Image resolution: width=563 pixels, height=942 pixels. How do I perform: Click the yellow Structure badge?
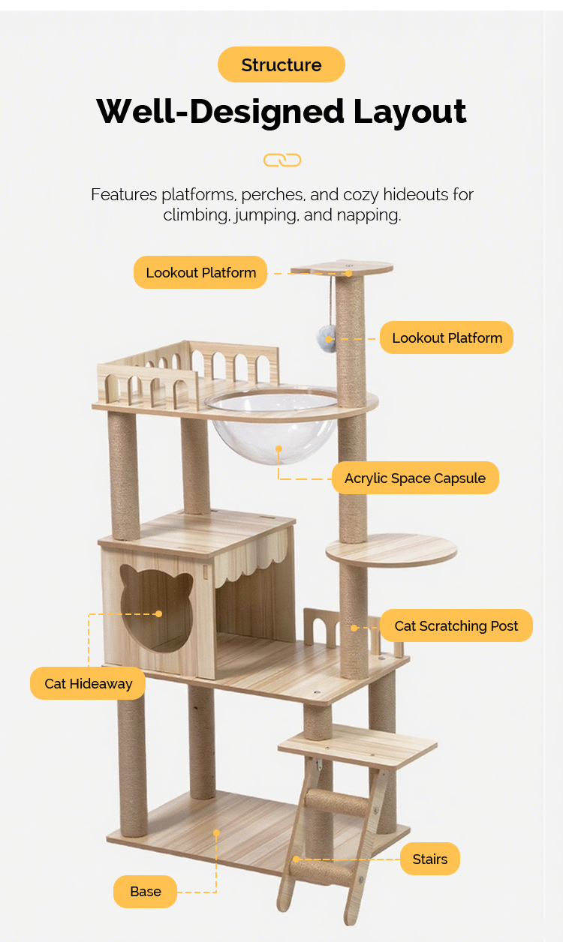(281, 64)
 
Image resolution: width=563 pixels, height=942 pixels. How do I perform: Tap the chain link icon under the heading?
(282, 160)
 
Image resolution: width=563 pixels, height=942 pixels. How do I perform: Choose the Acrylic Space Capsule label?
(415, 478)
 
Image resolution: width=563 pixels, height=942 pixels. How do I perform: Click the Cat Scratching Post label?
(456, 625)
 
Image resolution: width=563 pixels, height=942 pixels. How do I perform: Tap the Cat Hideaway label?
(88, 683)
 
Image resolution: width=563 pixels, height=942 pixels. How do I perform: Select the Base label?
(145, 892)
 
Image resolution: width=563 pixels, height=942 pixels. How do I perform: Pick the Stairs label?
(429, 859)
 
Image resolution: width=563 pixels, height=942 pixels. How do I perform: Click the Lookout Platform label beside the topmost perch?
(200, 272)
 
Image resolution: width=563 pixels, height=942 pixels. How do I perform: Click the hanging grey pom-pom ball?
(325, 337)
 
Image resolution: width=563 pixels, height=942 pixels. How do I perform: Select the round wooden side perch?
(391, 550)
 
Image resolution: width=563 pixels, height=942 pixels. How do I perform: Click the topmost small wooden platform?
(342, 268)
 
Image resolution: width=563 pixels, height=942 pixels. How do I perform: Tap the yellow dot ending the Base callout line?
(216, 832)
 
